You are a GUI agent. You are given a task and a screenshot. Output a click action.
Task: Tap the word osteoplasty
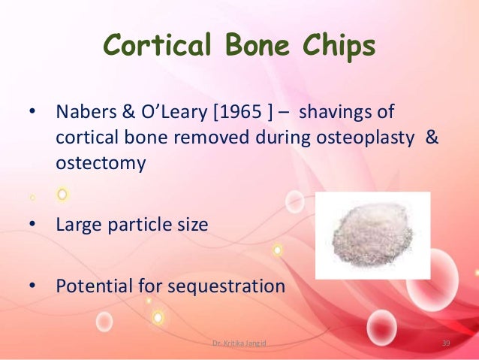(364, 138)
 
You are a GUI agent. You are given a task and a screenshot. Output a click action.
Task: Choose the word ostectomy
(101, 163)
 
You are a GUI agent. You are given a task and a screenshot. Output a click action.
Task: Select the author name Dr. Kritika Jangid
(239, 344)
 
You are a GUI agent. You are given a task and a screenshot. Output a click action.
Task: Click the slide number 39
(445, 344)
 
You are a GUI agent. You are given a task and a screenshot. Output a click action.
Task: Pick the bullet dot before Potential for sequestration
(32, 286)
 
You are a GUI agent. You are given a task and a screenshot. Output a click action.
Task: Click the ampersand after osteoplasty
(430, 138)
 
